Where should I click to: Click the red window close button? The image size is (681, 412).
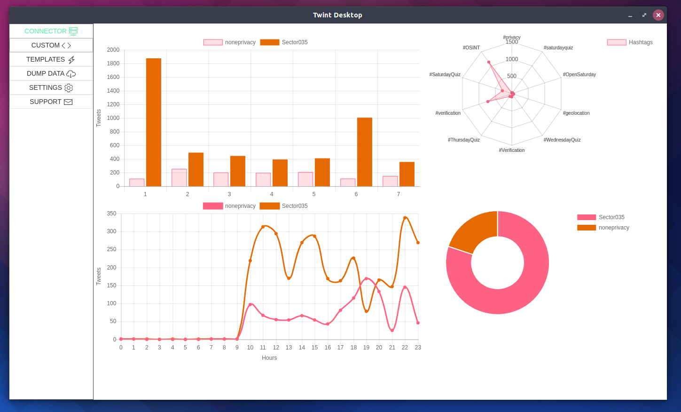658,15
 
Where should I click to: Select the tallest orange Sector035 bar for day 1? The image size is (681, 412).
154,122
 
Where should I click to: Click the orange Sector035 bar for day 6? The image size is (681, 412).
365,152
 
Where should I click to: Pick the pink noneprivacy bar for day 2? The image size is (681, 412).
179,178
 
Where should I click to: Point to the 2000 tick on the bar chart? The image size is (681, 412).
113,50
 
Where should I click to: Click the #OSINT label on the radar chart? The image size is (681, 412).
471,48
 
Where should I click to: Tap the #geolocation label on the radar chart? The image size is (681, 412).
576,113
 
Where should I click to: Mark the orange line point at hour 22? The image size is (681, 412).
405,218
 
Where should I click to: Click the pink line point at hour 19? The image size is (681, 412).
367,279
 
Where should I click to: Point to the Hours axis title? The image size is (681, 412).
269,358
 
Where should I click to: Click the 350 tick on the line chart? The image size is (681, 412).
112,214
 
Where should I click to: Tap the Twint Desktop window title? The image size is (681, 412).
337,15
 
